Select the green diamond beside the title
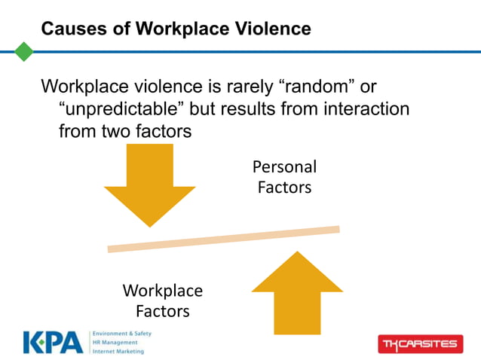[24, 52]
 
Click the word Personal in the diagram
[284, 167]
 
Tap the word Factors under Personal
[284, 188]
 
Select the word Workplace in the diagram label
[162, 291]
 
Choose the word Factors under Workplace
[162, 310]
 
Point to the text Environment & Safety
[121, 333]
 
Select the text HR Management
[116, 342]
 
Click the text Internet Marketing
[118, 351]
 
